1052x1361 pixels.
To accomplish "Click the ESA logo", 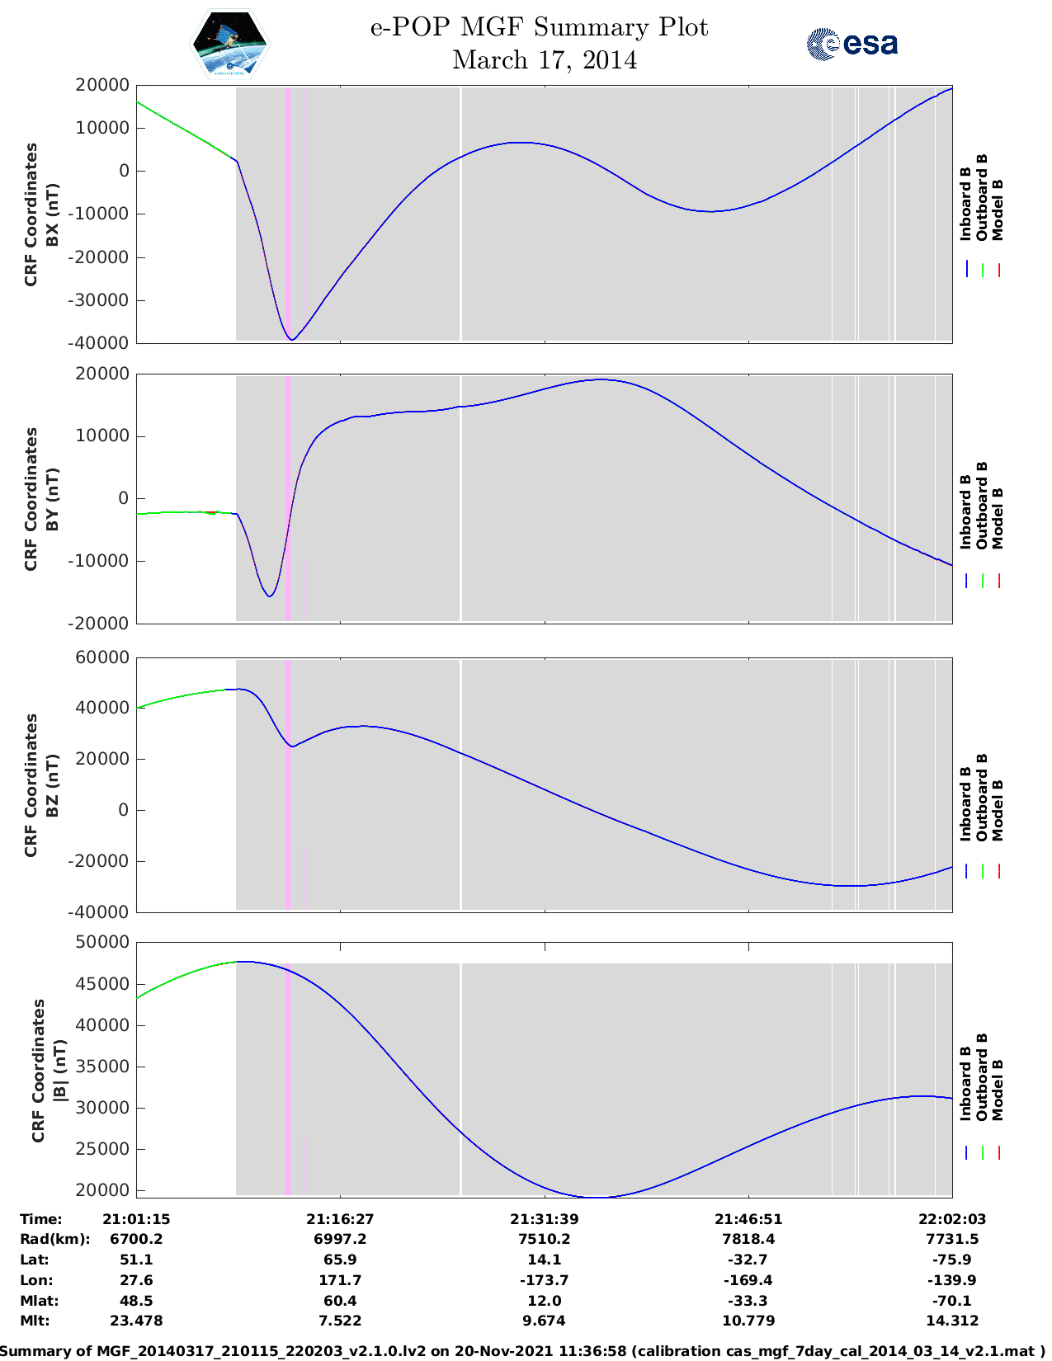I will pyautogui.click(x=852, y=44).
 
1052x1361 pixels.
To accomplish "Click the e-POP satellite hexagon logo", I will pyautogui.click(x=230, y=45).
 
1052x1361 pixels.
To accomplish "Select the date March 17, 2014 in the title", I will pyautogui.click(x=545, y=60).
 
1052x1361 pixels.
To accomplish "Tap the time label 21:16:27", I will pyautogui.click(x=340, y=1219).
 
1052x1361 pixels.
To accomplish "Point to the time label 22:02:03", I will pyautogui.click(x=952, y=1219).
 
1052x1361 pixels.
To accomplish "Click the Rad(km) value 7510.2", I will pyautogui.click(x=545, y=1239).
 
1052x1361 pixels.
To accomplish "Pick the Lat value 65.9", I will pyautogui.click(x=340, y=1260).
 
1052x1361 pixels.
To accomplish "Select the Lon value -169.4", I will pyautogui.click(x=748, y=1280).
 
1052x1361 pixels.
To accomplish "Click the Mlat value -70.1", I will pyautogui.click(x=952, y=1301).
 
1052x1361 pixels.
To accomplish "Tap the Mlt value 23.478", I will pyautogui.click(x=136, y=1321).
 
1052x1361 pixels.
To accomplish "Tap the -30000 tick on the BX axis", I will pyautogui.click(x=102, y=300).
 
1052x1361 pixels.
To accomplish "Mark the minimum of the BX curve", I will pyautogui.click(x=291, y=340).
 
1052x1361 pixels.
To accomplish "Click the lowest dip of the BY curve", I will pyautogui.click(x=269, y=596).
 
